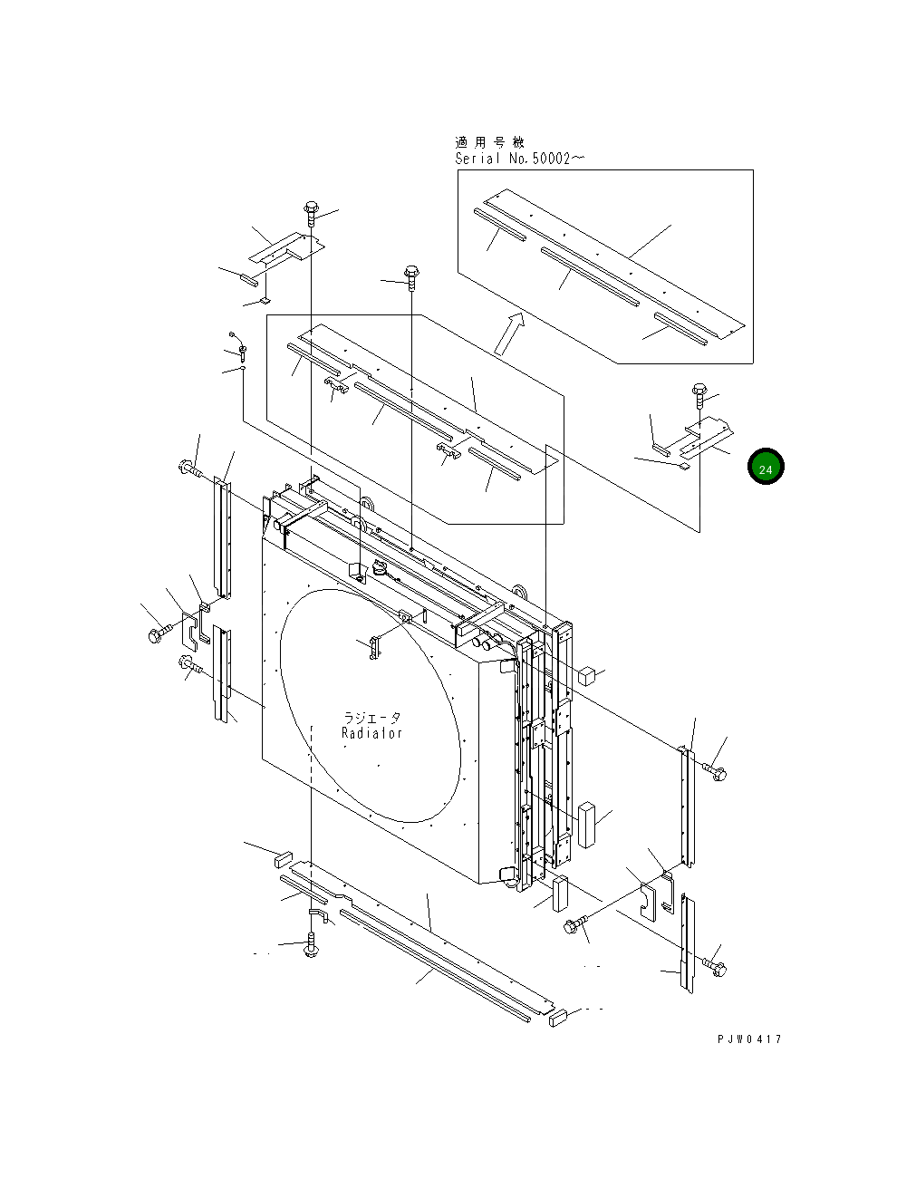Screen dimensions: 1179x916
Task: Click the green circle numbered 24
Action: (766, 467)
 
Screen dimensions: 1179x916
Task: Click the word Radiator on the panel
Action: (371, 733)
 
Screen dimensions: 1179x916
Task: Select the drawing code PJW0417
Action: (748, 1039)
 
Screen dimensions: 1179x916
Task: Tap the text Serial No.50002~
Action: (519, 159)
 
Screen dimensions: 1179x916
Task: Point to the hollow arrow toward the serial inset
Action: (509, 333)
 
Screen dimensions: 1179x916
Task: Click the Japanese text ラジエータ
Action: (371, 717)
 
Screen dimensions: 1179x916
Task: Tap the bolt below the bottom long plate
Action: (312, 948)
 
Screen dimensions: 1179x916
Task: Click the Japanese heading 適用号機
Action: (489, 142)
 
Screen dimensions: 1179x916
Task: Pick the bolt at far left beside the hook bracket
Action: (157, 634)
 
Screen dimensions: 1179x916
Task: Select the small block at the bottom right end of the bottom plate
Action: (558, 1018)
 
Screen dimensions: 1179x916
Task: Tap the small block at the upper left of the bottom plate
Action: (282, 856)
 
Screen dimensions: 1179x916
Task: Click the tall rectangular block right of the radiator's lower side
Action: (588, 823)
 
